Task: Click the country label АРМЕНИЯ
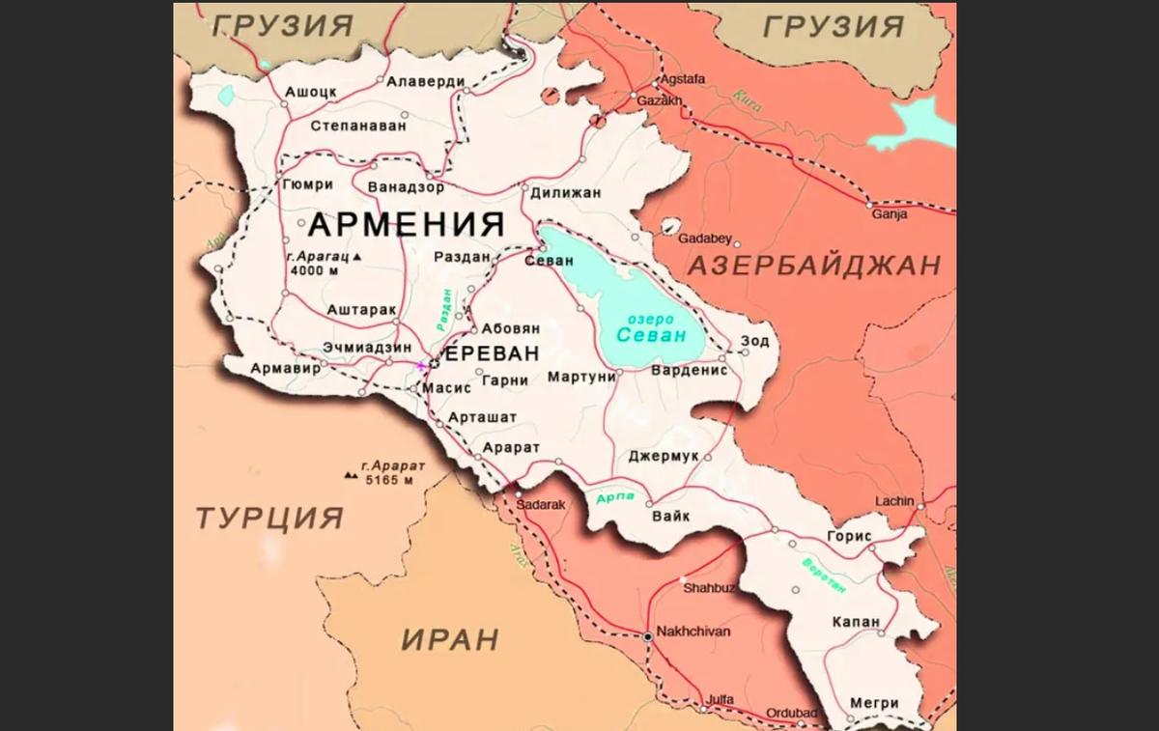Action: pos(407,225)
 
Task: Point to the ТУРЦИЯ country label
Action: pos(269,518)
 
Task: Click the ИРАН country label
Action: pos(450,638)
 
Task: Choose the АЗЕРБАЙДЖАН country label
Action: pos(813,266)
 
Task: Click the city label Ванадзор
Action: pos(407,186)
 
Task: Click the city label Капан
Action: pos(856,622)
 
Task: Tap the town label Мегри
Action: pos(874,703)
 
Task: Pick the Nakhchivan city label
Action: pos(693,632)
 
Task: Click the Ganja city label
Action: pos(889,214)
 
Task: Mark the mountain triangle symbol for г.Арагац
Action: pos(357,258)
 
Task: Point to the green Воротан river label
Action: pos(823,576)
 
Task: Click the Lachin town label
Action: pos(893,501)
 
